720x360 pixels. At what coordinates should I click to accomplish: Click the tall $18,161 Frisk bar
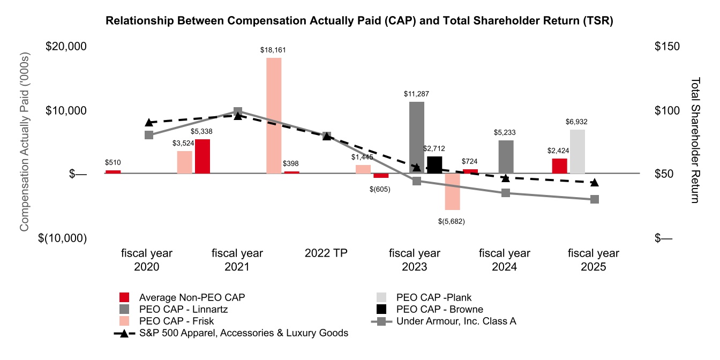pyautogui.click(x=274, y=115)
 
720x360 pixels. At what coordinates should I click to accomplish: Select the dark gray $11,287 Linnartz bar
pyautogui.click(x=417, y=137)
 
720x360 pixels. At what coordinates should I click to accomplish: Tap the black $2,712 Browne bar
pyautogui.click(x=434, y=164)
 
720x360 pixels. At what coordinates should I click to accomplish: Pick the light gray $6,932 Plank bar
pyautogui.click(x=577, y=152)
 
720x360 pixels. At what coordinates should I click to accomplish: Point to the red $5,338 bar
pyautogui.click(x=202, y=156)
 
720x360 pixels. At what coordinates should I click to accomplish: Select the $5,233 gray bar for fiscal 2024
pyautogui.click(x=506, y=156)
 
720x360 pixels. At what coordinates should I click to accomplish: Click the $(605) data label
pyautogui.click(x=379, y=189)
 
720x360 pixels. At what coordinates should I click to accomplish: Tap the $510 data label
pyautogui.click(x=113, y=162)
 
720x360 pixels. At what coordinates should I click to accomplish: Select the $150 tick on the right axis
pyautogui.click(x=667, y=47)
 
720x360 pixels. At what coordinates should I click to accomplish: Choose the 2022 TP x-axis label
pyautogui.click(x=326, y=253)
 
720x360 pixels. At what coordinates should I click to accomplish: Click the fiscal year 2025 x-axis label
pyautogui.click(x=593, y=259)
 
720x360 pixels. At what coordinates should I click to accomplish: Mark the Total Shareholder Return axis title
pyautogui.click(x=695, y=140)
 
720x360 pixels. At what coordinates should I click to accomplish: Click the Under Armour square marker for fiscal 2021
pyautogui.click(x=238, y=112)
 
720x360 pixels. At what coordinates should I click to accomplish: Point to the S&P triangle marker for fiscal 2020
pyautogui.click(x=149, y=123)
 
